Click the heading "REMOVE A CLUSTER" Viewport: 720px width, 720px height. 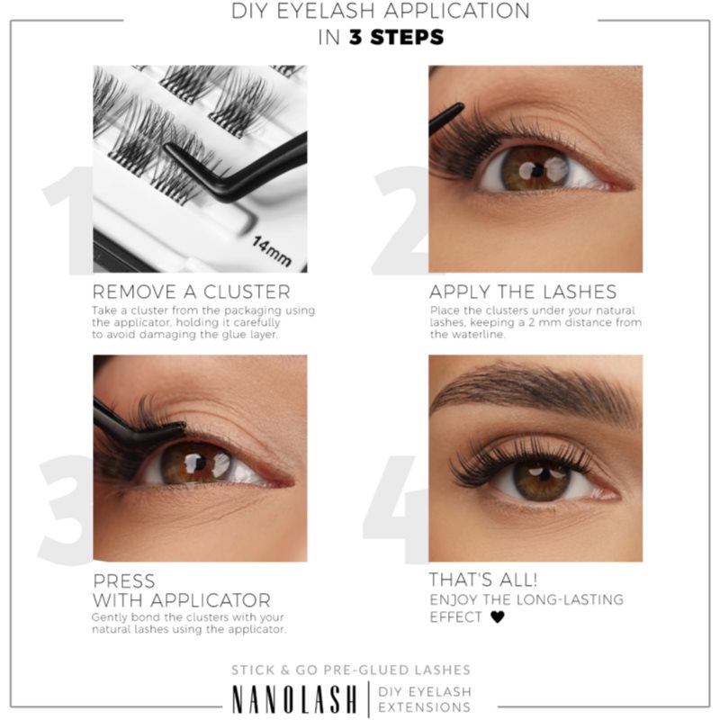(x=191, y=292)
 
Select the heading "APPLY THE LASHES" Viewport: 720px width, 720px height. (x=522, y=292)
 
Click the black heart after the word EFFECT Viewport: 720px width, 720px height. (x=499, y=617)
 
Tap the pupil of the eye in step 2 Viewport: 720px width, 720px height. (x=528, y=168)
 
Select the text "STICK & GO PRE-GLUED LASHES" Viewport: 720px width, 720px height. (x=351, y=670)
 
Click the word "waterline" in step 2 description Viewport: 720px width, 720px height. (x=455, y=334)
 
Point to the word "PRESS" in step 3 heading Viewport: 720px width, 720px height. (x=123, y=580)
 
